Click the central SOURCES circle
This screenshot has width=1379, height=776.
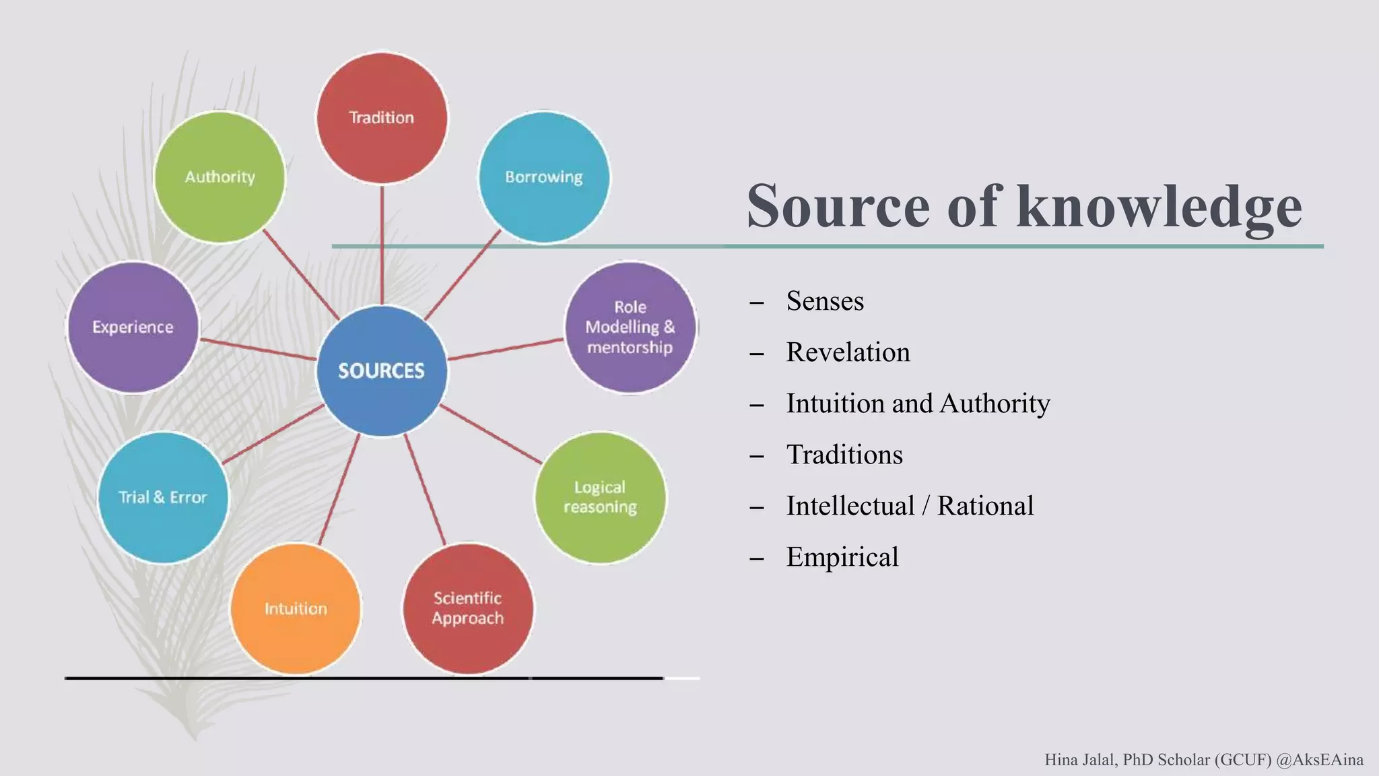pos(382,370)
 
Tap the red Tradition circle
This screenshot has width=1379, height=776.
pos(382,118)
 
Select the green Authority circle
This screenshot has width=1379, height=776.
pos(220,177)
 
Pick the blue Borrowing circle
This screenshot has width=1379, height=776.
pos(544,177)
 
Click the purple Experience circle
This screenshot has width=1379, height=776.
pos(133,327)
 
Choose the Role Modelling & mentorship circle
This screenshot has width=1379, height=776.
pos(630,327)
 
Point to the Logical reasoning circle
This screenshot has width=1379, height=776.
pos(600,497)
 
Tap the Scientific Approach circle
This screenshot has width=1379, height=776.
pos(468,608)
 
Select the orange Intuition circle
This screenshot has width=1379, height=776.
pos(296,608)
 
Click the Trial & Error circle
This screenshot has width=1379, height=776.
pos(163,497)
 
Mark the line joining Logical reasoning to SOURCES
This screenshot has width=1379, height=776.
pos(491,434)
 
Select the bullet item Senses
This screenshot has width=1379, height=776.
pos(825,301)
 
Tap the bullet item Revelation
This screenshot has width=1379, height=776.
pos(848,352)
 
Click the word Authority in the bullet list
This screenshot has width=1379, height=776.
pos(995,403)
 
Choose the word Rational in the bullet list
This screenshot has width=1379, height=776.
pos(985,506)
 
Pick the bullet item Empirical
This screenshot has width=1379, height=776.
pos(842,557)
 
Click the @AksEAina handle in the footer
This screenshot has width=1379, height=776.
pos(1320,760)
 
